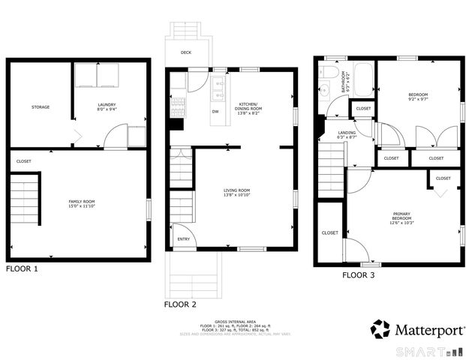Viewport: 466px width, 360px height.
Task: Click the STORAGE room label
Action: [x=41, y=107]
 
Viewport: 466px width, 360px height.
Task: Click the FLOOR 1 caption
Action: [x=21, y=268]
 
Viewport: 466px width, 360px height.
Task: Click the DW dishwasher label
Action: [x=215, y=112]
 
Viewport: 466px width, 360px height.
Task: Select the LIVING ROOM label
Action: [x=237, y=193]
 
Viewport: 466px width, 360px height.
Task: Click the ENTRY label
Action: [x=182, y=240]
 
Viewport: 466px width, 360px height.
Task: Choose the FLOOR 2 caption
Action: [x=180, y=305]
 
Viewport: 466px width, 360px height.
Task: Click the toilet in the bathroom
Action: [x=329, y=73]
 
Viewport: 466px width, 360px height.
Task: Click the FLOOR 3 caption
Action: [x=359, y=275]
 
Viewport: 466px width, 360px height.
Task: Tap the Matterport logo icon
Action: [x=380, y=329]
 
